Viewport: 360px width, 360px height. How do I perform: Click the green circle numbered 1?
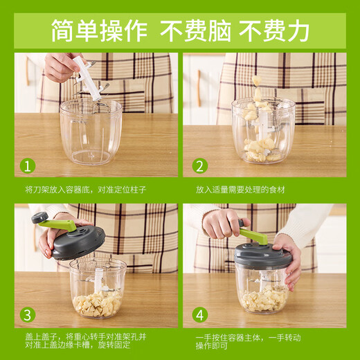(27, 165)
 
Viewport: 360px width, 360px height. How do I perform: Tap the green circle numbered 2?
(199, 165)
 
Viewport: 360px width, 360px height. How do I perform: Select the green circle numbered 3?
(27, 316)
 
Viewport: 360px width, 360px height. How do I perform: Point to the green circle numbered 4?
(199, 316)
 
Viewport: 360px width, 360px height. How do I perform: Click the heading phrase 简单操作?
(99, 30)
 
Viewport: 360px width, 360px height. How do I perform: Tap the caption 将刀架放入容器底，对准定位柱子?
(85, 189)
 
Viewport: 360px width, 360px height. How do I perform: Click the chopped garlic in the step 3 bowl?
(98, 302)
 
